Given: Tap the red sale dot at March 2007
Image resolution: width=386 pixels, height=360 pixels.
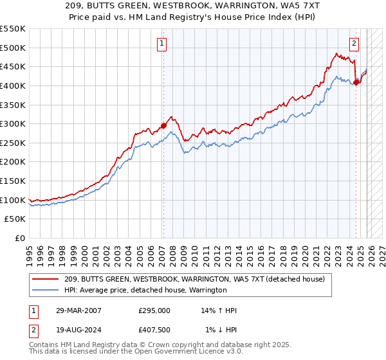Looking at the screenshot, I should pos(163,126).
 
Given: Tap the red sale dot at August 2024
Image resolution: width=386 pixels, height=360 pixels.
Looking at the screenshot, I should pos(356,82).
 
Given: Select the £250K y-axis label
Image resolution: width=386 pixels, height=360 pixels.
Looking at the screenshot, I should pos(13,143).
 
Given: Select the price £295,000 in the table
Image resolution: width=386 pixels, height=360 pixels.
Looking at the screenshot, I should pos(154,310).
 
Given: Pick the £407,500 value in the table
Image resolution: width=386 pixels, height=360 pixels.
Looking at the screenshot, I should pos(154,330).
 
